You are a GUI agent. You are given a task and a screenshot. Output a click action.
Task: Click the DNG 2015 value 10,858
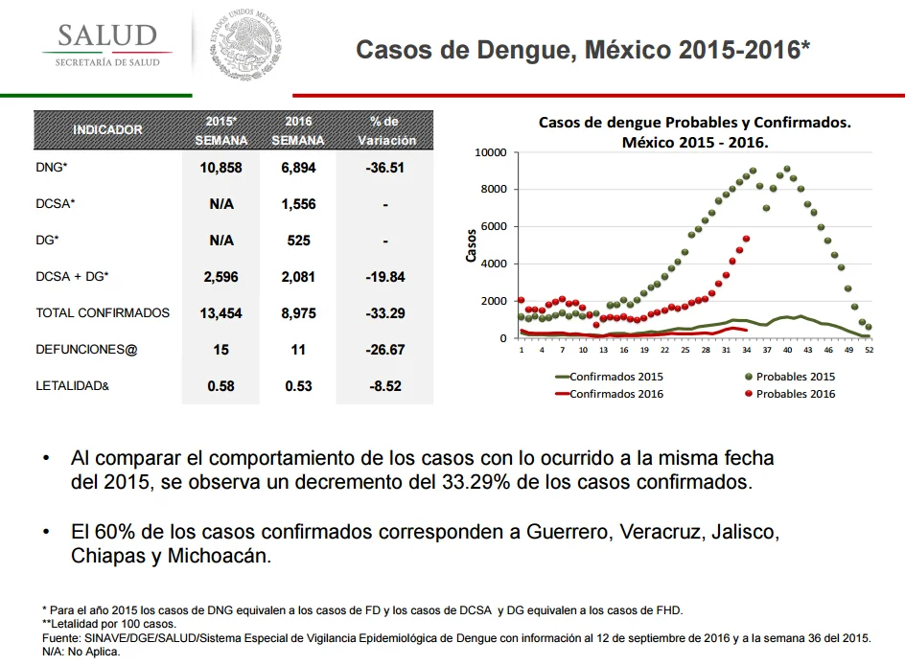pos(221,168)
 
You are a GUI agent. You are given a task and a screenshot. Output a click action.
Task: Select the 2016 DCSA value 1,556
pos(298,204)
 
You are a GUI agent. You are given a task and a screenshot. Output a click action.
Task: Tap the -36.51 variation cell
pos(385,168)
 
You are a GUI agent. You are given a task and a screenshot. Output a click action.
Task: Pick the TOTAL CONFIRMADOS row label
pos(103,312)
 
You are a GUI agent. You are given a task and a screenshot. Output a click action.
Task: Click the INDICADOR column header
pos(107,130)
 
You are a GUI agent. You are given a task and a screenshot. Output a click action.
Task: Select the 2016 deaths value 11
pos(298,350)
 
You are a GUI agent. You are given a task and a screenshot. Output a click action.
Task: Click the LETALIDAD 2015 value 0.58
pos(221,386)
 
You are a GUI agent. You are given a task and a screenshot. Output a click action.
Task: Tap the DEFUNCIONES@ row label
pos(86,350)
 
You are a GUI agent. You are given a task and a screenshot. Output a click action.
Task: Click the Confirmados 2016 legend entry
pos(609,394)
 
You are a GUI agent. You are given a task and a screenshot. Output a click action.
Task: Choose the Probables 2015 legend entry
pos(790,377)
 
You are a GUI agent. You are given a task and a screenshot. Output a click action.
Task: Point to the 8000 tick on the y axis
pos(494,190)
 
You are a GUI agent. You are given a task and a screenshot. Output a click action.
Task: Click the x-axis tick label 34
pos(747,350)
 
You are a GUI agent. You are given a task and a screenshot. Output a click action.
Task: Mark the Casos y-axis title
pos(471,245)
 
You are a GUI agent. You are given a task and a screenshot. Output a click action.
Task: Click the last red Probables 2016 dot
pos(746,239)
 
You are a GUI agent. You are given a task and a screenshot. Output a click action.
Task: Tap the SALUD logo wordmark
pos(107,35)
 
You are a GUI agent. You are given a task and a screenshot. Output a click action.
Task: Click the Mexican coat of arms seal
pos(245,44)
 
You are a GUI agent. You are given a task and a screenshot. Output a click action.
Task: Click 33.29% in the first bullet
pos(476,482)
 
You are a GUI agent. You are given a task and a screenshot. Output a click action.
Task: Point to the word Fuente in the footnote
pos(60,638)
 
